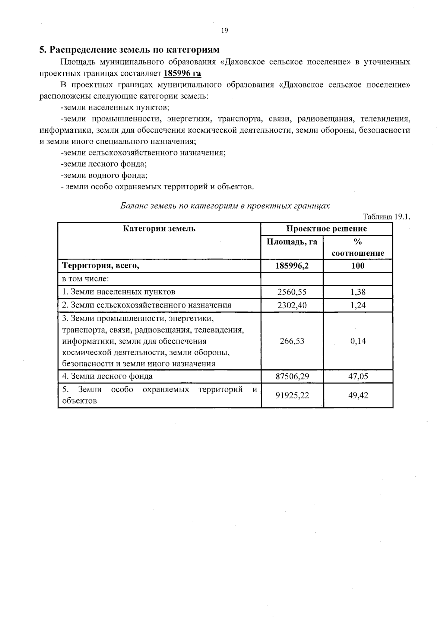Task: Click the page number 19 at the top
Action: pyautogui.click(x=224, y=31)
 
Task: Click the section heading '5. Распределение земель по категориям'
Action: pyautogui.click(x=129, y=50)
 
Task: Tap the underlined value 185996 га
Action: pyautogui.click(x=182, y=73)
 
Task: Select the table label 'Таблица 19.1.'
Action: pyautogui.click(x=386, y=217)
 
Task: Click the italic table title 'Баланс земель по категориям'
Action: pyautogui.click(x=225, y=206)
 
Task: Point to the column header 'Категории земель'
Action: pyautogui.click(x=159, y=228)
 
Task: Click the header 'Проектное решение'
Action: pyautogui.click(x=326, y=228)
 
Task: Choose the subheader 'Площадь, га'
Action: pyautogui.click(x=292, y=242)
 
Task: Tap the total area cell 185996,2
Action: pyautogui.click(x=292, y=266)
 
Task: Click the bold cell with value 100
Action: pyautogui.click(x=358, y=266)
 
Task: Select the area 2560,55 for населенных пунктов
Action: pyautogui.click(x=292, y=292)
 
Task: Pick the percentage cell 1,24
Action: pyautogui.click(x=358, y=305)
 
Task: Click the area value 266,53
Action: pyautogui.click(x=292, y=341)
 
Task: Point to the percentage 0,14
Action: pyautogui.click(x=358, y=341)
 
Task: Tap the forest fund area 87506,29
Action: pyautogui.click(x=292, y=376)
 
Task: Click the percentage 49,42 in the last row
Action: pyautogui.click(x=358, y=395)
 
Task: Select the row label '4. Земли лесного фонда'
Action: pyautogui.click(x=107, y=376)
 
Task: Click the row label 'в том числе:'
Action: pyautogui.click(x=85, y=279)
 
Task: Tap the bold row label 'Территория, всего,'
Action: pyautogui.click(x=100, y=266)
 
